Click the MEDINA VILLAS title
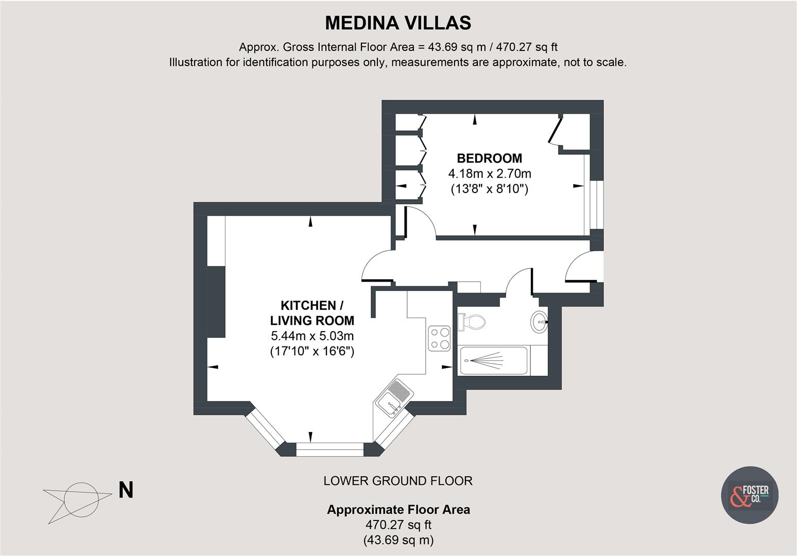click(398, 23)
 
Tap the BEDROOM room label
click(489, 158)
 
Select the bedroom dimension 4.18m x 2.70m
click(489, 173)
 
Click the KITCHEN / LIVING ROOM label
click(312, 312)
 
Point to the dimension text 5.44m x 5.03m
click(312, 336)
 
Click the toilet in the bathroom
click(472, 322)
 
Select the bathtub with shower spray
click(493, 360)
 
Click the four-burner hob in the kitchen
click(439, 338)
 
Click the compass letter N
click(126, 490)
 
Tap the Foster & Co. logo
click(749, 495)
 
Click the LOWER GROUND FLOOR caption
click(398, 481)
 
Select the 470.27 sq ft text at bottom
click(398, 525)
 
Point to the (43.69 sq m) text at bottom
click(398, 540)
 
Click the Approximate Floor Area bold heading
click(398, 510)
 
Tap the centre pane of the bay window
click(330, 449)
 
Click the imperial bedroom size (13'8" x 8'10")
click(489, 189)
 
